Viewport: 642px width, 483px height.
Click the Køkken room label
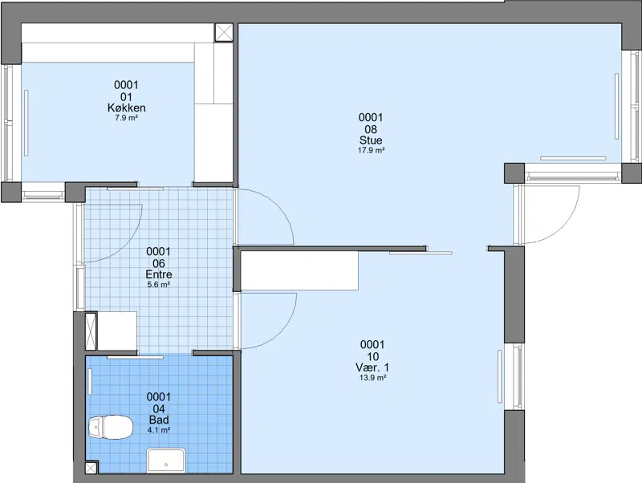[126, 108]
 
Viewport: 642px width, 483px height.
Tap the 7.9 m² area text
[126, 118]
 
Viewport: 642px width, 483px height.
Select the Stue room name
[371, 140]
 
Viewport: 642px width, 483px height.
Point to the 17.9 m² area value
[371, 150]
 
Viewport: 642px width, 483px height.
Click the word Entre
[159, 274]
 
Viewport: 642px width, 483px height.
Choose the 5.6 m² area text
[159, 285]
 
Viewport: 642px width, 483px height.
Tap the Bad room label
[159, 420]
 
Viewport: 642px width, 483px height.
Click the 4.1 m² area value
[159, 430]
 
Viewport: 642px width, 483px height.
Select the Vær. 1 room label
[372, 367]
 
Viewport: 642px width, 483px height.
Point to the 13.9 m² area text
[372, 378]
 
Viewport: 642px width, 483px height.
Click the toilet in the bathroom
[111, 427]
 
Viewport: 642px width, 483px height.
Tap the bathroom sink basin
[166, 460]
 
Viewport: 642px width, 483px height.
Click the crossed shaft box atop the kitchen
[224, 32]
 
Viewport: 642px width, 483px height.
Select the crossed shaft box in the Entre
[91, 331]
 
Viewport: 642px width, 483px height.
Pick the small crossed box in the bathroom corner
[91, 468]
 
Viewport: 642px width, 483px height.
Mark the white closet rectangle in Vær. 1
[299, 270]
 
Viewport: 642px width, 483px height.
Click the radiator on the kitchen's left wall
[26, 124]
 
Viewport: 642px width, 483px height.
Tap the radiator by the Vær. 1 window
[499, 376]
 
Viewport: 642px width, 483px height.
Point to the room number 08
[371, 129]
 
